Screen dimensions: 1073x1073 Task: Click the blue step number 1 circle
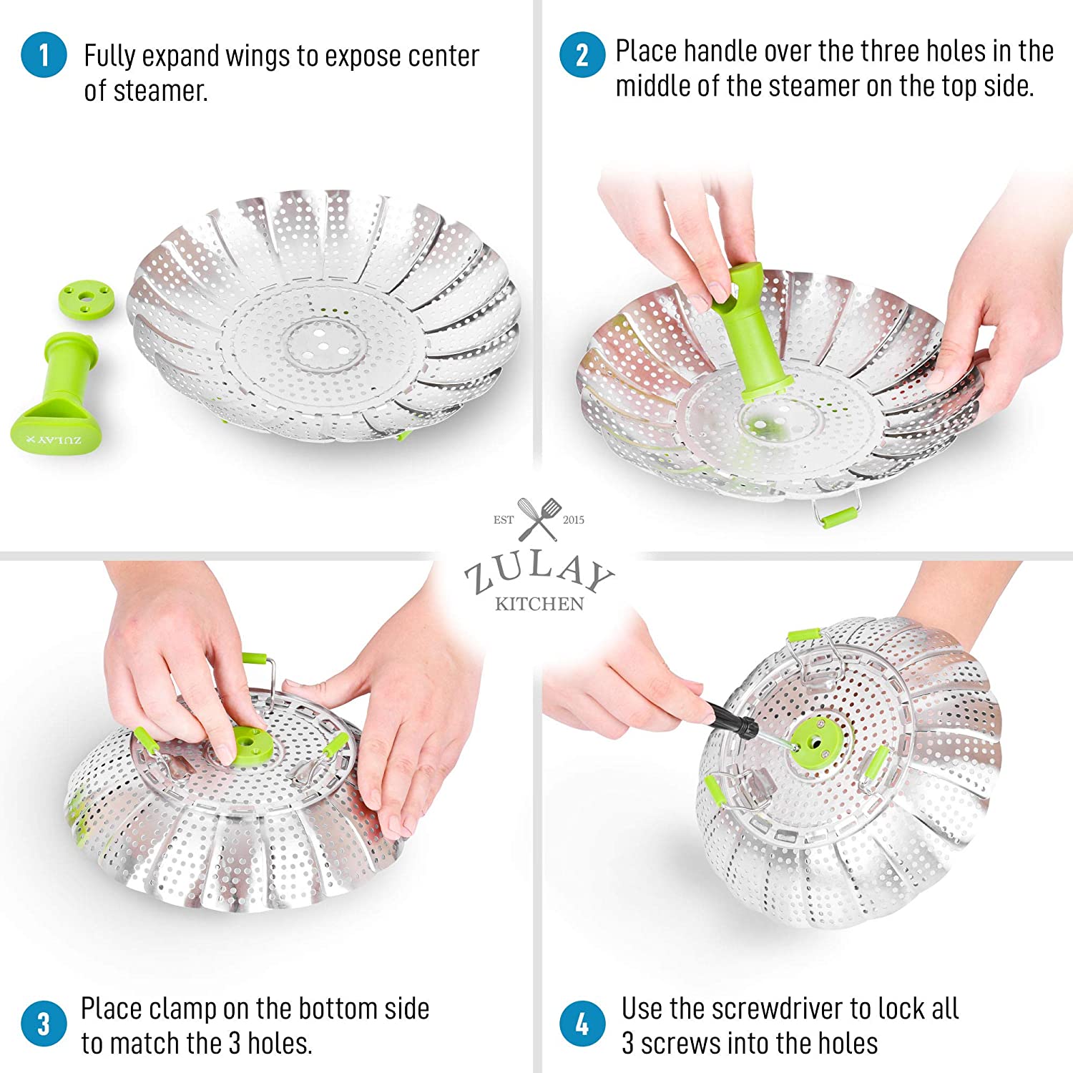tap(44, 55)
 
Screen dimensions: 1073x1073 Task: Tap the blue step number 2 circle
tap(582, 55)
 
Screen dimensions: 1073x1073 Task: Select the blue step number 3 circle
tap(44, 1023)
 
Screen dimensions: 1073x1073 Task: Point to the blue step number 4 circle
tap(582, 1023)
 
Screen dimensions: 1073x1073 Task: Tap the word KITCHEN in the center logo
tap(539, 604)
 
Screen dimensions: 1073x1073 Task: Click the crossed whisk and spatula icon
tap(539, 519)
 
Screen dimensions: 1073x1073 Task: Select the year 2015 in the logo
tap(574, 520)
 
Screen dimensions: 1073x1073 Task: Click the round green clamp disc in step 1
tap(86, 298)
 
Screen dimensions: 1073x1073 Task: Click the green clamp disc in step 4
tap(813, 744)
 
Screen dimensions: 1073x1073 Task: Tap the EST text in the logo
tap(504, 520)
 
